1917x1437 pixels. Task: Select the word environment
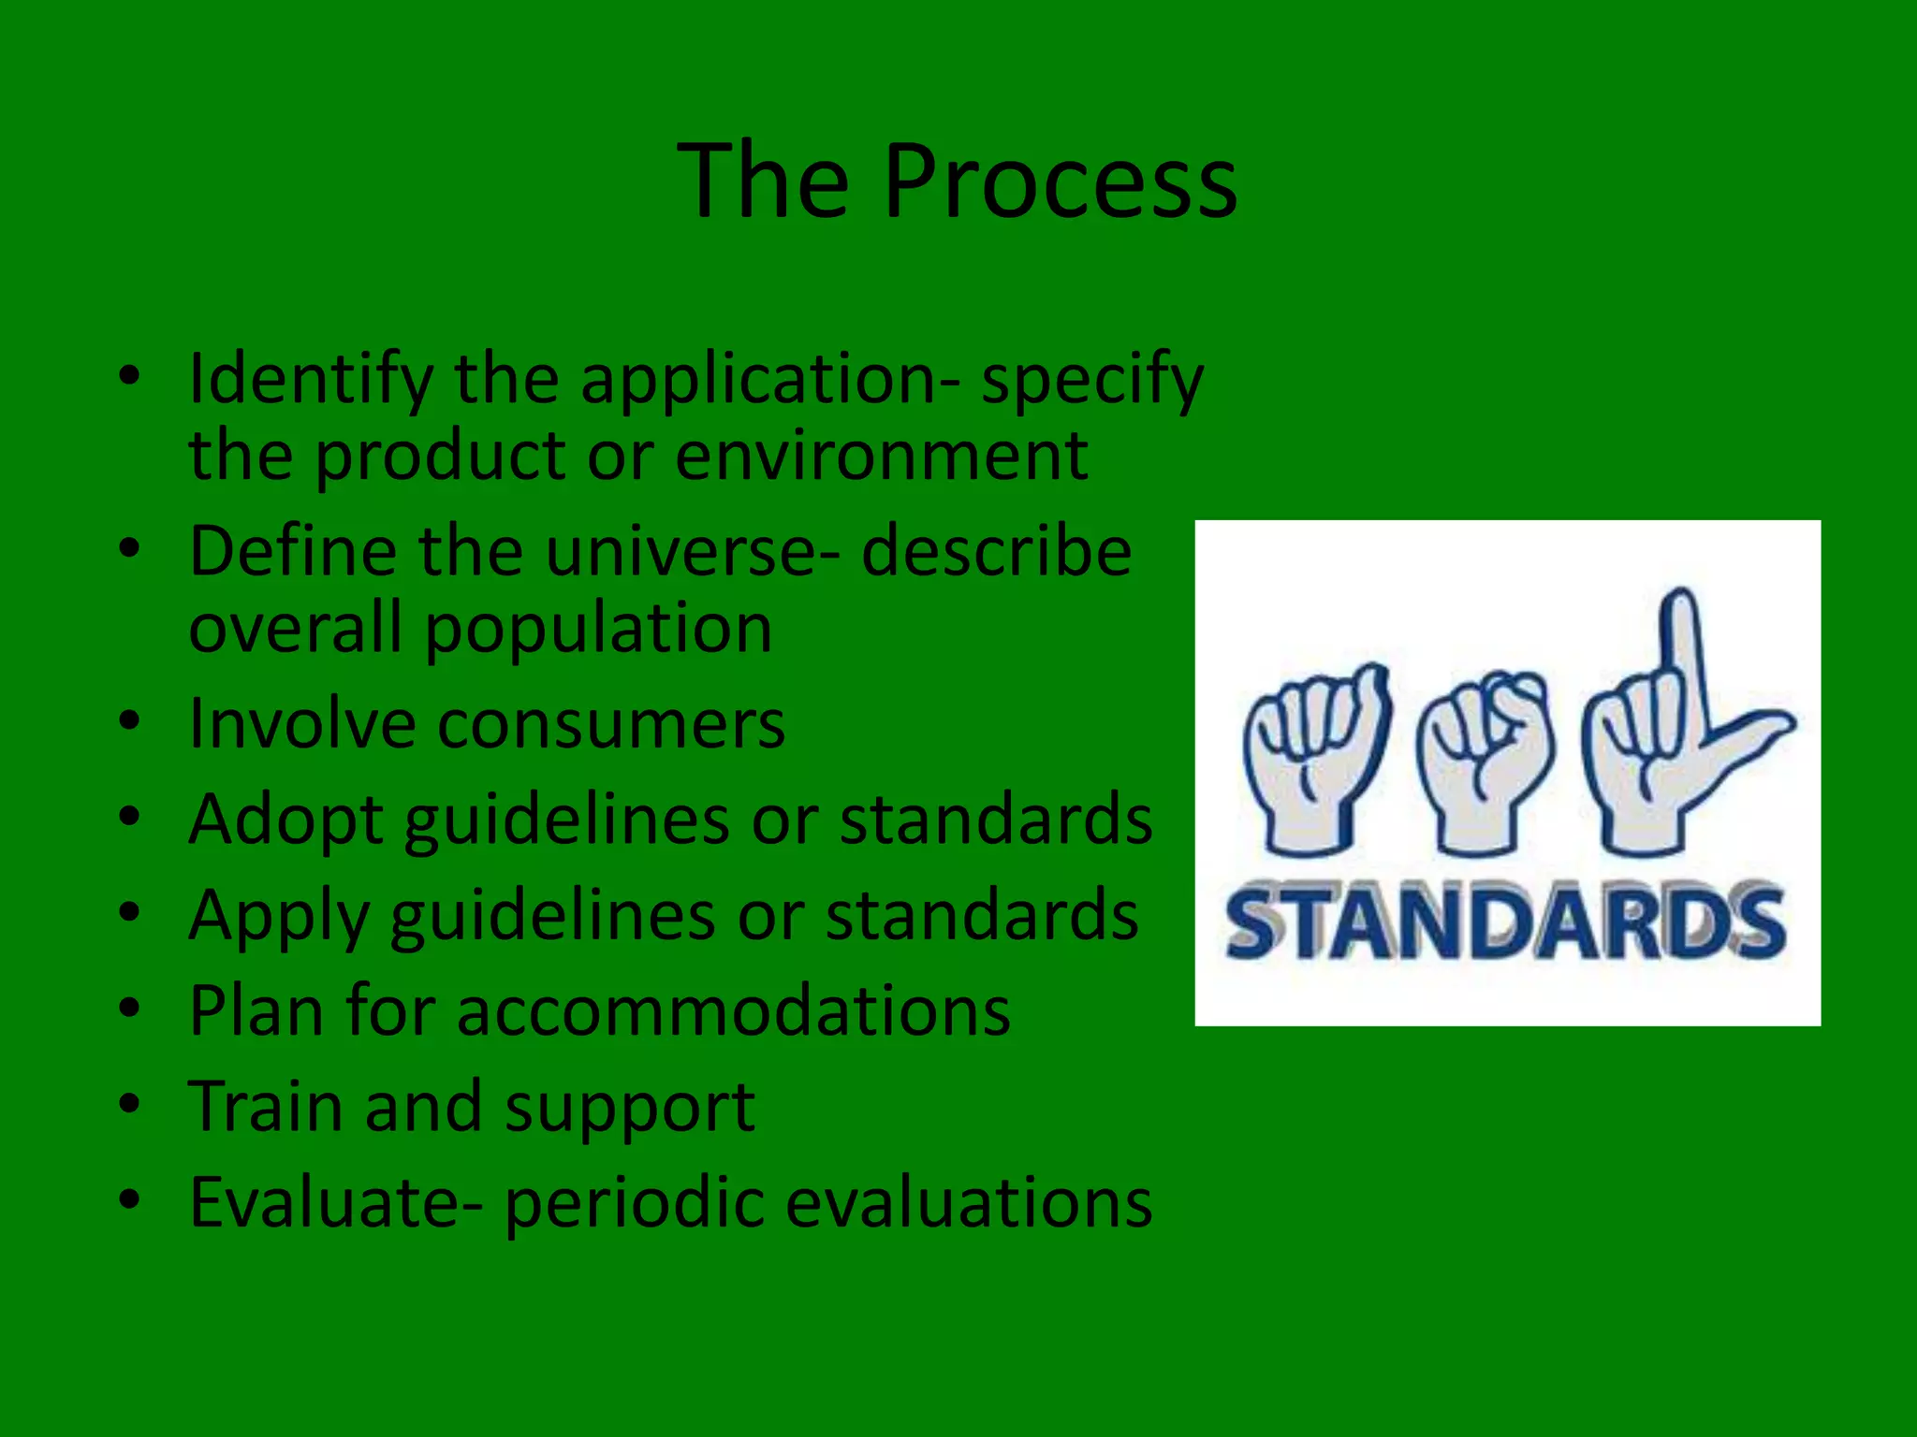coord(881,457)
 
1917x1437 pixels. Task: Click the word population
coord(599,631)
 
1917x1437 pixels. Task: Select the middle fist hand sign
coord(1485,758)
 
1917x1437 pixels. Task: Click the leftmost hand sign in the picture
coord(1315,758)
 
